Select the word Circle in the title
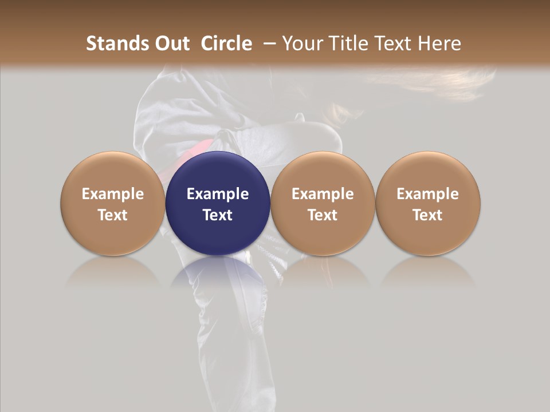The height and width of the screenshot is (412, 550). tap(226, 43)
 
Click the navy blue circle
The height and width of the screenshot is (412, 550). tap(218, 172)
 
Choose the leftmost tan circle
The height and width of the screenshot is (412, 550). tap(113, 172)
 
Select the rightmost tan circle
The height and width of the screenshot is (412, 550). tap(428, 172)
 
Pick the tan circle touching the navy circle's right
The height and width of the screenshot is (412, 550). tap(323, 172)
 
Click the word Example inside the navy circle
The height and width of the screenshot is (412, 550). tap(218, 194)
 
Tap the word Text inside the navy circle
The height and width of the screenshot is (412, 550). tap(218, 215)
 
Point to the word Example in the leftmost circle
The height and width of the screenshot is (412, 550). tap(113, 194)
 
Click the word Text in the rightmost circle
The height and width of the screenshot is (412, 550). tap(428, 215)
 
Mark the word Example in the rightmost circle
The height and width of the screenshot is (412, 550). tap(428, 194)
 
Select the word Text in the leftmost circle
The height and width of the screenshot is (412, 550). tap(113, 215)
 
